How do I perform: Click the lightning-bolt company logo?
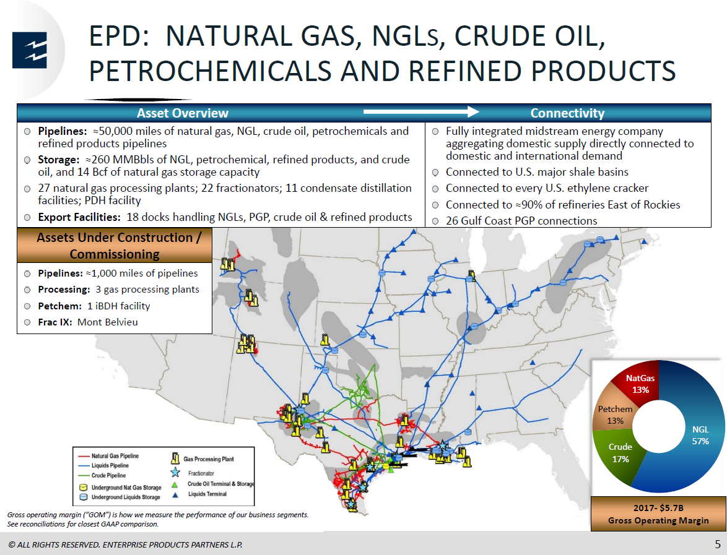point(30,50)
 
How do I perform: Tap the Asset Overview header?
point(183,113)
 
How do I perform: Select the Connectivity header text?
point(567,113)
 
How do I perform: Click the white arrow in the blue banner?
point(421,111)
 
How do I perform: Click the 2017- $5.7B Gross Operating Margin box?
point(658,514)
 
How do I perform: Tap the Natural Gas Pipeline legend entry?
point(109,456)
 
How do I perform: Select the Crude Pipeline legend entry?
point(102,475)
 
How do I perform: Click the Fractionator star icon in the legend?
point(175,473)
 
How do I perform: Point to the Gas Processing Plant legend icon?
point(175,458)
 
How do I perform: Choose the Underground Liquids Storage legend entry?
point(120,497)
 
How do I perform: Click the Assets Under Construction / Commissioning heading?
point(115,246)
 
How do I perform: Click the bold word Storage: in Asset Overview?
point(58,160)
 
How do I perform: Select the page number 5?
point(718,544)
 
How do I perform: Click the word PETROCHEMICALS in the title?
point(210,71)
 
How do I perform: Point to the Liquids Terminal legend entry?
point(207,494)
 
